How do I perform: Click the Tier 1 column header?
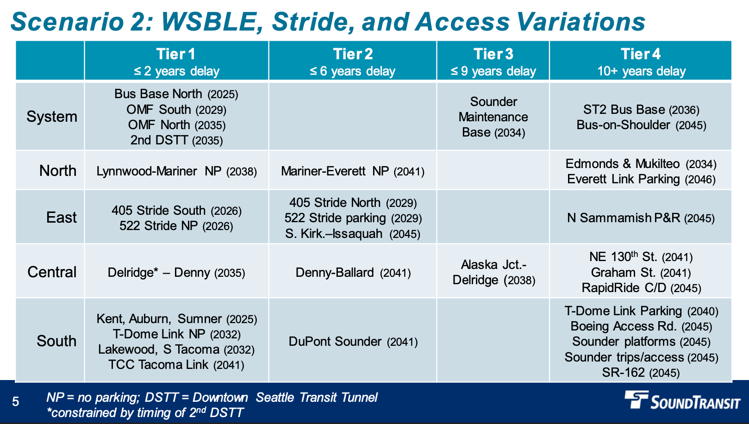coord(176,62)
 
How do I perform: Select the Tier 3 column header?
coord(493,62)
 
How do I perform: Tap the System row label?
coord(52,117)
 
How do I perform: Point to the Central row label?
coord(52,272)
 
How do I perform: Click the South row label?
coord(56,341)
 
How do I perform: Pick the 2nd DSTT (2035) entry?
coord(176,140)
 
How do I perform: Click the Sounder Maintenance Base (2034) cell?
coord(493,117)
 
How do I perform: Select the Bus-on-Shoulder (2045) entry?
coord(641,125)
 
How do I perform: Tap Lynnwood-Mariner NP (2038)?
coord(176,172)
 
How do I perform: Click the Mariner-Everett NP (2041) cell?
coord(353,172)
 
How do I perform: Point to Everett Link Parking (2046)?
coord(641,179)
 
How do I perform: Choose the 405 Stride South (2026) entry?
coord(176,211)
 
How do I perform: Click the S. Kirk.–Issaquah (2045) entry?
coord(353,234)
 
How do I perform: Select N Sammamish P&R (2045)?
coord(641,218)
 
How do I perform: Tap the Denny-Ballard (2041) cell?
coord(353,273)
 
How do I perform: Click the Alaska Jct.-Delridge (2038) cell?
coord(494,273)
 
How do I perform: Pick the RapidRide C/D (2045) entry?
coord(641,288)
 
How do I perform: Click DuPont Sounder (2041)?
coord(353,342)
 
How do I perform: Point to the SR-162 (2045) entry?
coord(641,373)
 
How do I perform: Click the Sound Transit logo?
coord(682,400)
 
